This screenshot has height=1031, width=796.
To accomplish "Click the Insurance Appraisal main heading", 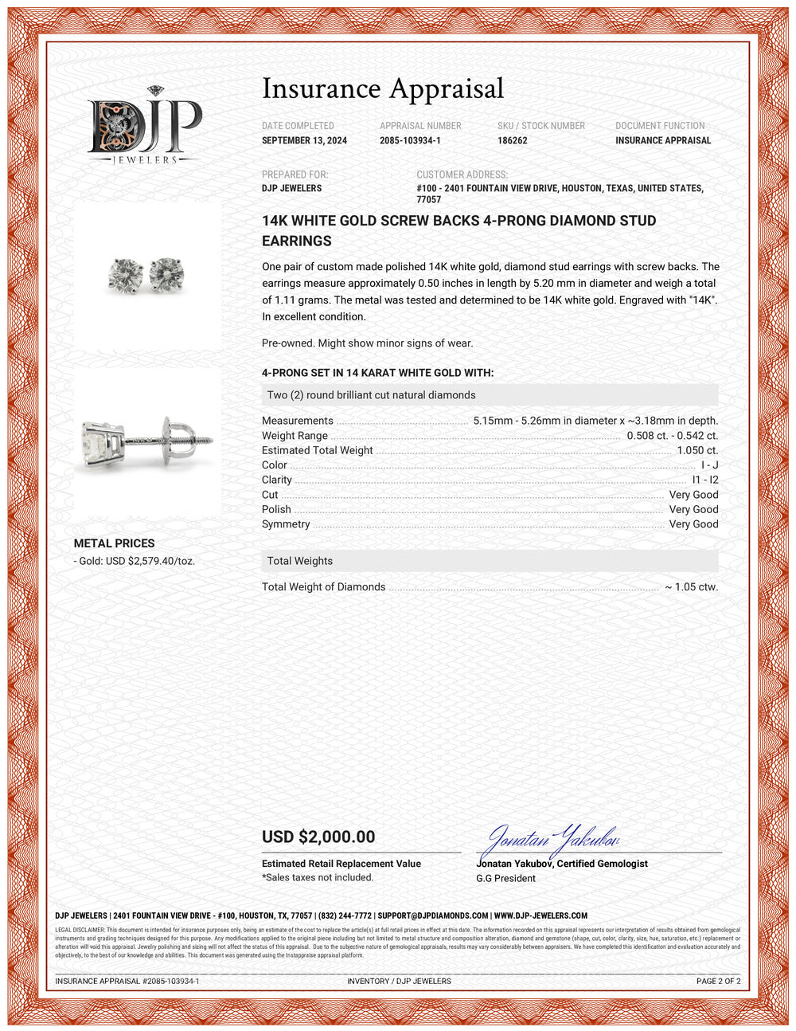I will point(383,88).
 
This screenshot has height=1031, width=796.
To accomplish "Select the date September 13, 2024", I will point(304,140).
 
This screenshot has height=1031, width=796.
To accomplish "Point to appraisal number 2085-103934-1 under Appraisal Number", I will point(410,140).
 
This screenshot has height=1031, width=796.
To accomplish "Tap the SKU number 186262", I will point(513,140).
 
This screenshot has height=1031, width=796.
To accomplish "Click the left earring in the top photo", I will point(125,275).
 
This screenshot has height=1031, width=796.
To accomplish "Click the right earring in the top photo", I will point(166,273).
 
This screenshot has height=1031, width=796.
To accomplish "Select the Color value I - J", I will point(709,465).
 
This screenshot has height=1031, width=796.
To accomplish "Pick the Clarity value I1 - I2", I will point(705,480).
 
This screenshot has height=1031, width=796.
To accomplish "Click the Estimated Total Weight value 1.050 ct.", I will point(697,450).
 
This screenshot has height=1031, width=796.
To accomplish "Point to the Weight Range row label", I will point(295,436).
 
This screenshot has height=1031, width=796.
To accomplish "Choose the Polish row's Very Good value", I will point(693,510).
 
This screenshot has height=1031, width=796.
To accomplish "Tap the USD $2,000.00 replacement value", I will point(318,837).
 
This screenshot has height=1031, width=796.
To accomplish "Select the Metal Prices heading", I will point(114,543).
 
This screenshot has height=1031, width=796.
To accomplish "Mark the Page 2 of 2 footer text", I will point(718,982).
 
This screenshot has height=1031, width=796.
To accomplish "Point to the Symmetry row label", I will point(286,524).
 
